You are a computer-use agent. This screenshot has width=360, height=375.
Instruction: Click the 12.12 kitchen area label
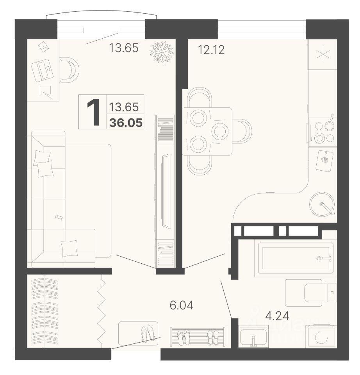(211, 50)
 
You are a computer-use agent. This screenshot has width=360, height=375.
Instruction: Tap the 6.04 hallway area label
(182, 305)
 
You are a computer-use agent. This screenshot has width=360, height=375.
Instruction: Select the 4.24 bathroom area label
(277, 316)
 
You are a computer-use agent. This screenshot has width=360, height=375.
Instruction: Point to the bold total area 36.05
(126, 123)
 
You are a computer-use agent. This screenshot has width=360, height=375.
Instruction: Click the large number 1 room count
(93, 112)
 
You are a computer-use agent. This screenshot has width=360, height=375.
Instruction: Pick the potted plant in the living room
(161, 52)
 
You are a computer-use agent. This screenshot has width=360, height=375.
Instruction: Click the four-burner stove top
(323, 132)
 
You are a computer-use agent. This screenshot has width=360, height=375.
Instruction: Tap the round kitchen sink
(322, 204)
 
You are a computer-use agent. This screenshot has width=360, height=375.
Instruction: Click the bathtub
(296, 258)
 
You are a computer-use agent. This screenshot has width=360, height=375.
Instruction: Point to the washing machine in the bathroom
(322, 336)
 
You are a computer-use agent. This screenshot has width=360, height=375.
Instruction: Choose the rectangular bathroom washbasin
(253, 336)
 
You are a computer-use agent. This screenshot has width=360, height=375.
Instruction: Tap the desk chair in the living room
(69, 70)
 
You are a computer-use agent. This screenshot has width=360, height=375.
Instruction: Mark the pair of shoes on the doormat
(148, 333)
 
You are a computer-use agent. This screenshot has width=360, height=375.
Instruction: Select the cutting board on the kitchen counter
(324, 161)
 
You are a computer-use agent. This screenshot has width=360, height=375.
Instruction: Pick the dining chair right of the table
(242, 131)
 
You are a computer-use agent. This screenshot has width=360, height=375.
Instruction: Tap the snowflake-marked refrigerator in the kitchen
(323, 54)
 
